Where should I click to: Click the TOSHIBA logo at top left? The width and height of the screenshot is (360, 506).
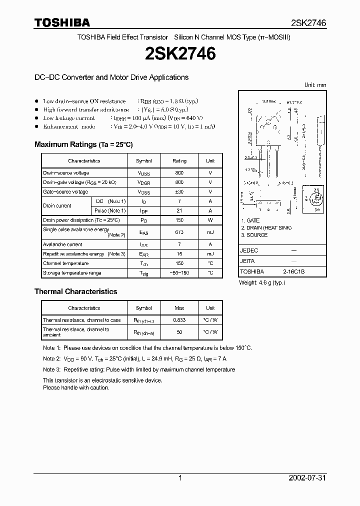tap(62, 22)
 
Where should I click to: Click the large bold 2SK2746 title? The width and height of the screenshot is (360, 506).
tap(179, 54)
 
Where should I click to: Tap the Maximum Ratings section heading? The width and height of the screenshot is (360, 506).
tap(83, 144)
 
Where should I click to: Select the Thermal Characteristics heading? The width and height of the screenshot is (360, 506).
tap(75, 291)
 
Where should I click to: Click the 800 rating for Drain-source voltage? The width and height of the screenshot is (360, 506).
tap(179, 173)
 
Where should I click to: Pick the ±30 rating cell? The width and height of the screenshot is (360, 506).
tap(179, 192)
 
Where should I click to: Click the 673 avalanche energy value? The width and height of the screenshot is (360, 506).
tap(179, 232)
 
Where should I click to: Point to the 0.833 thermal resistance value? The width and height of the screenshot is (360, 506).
tap(179, 320)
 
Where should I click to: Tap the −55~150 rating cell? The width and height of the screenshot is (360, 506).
tap(179, 273)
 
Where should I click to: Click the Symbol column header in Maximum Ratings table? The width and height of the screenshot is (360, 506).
tap(144, 161)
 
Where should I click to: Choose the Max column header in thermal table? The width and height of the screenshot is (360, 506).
tap(179, 308)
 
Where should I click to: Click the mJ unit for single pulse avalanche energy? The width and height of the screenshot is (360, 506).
tap(210, 232)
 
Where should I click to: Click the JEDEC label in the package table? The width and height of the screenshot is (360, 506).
tap(249, 250)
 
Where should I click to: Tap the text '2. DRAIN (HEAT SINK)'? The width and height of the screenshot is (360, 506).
tap(266, 228)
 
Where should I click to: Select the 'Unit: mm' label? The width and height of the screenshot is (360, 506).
tap(315, 85)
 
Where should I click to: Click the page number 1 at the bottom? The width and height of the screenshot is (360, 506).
tap(180, 478)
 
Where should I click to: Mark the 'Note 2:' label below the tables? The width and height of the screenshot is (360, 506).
tap(51, 358)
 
